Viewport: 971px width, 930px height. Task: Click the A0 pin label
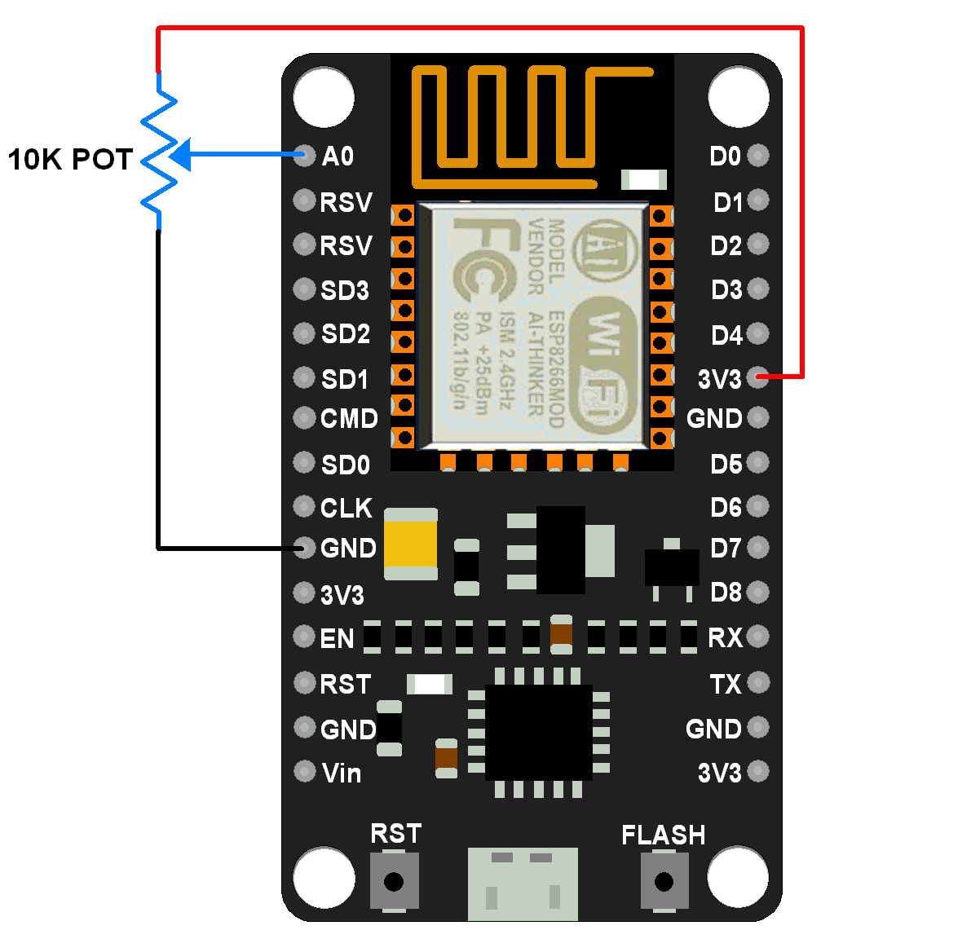coord(338,156)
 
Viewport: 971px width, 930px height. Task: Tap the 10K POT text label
coord(70,159)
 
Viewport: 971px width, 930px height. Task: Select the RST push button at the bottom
coord(395,881)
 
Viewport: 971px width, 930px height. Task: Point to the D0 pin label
coord(725,156)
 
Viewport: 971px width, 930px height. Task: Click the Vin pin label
coord(341,773)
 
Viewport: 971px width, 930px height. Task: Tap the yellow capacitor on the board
coord(410,543)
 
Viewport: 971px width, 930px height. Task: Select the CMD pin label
coord(349,419)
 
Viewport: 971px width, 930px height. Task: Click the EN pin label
coord(337,638)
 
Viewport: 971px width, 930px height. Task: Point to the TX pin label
coord(725,684)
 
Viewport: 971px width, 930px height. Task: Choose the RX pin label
coord(725,637)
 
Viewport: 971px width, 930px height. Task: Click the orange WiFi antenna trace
coord(522,122)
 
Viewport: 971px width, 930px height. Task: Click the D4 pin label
coord(726,335)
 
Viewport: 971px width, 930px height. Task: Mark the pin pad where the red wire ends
coord(758,377)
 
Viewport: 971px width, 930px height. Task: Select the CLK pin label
coord(346,508)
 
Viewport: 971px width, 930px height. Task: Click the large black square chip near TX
coord(538,731)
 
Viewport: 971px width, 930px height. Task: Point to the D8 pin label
coord(726,593)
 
